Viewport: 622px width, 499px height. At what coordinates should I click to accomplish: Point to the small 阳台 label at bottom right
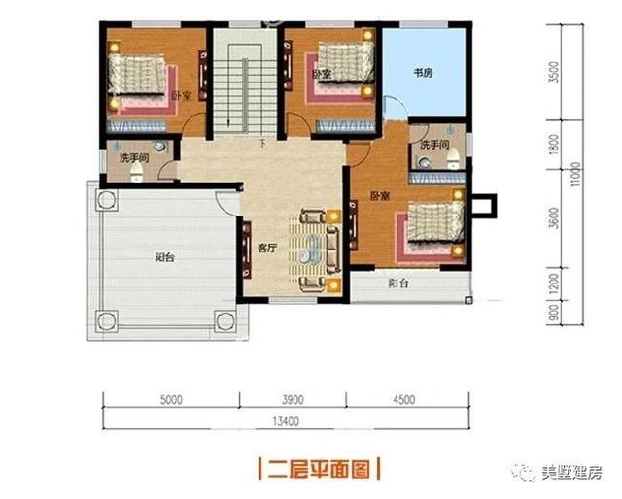(x=398, y=285)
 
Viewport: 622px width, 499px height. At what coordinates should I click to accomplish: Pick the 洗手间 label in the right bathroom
(x=433, y=145)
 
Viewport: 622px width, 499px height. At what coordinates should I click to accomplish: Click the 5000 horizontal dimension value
(x=172, y=399)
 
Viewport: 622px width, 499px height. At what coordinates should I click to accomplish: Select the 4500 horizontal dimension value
(x=404, y=399)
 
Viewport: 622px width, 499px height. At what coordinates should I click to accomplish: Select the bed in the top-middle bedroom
(x=340, y=67)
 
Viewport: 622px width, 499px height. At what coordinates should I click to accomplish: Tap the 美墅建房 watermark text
(x=571, y=473)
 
